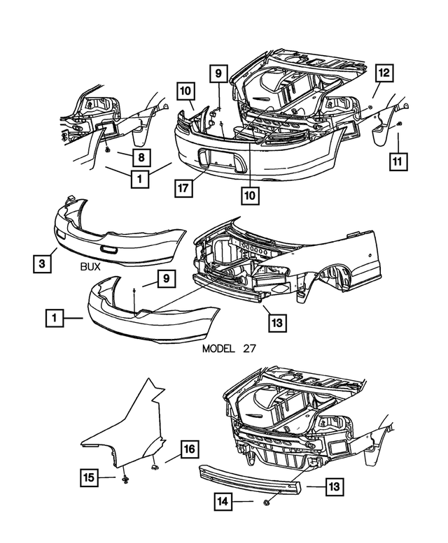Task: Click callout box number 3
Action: [x=42, y=263]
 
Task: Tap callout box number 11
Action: [x=399, y=161]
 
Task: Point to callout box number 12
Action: [x=384, y=73]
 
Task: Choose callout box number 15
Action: [x=88, y=478]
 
